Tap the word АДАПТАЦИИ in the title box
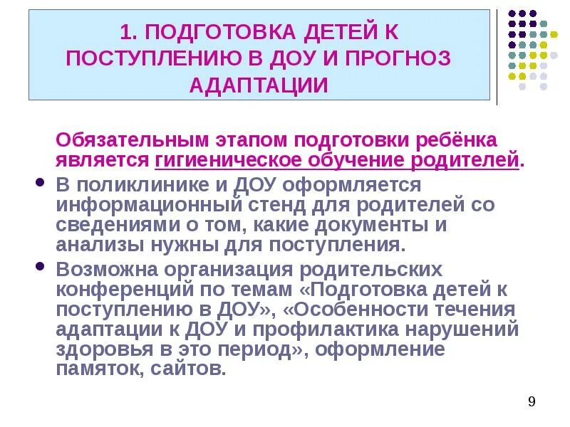pyautogui.click(x=259, y=85)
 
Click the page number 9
pyautogui.click(x=532, y=403)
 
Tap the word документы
pyautogui.click(x=382, y=226)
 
